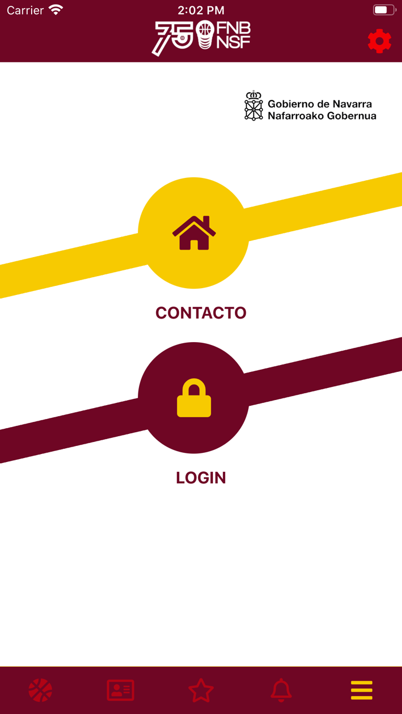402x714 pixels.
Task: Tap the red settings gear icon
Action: [x=380, y=41]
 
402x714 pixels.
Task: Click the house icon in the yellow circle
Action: [x=194, y=233]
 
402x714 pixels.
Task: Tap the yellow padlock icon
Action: [x=194, y=398]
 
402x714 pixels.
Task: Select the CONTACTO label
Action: [x=201, y=313]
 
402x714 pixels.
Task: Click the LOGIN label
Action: [x=201, y=478]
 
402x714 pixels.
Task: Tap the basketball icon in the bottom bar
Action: [x=40, y=690]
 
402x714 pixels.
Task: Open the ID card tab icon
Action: [x=121, y=690]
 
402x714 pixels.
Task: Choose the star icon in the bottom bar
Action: [x=201, y=690]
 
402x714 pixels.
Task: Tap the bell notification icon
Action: [x=281, y=690]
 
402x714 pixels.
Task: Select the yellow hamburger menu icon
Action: [x=362, y=690]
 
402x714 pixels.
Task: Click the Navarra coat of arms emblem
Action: [x=253, y=106]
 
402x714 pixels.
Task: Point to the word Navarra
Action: [x=352, y=104]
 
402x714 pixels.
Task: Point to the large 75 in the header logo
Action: [x=173, y=38]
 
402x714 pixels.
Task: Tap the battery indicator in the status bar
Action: [x=384, y=10]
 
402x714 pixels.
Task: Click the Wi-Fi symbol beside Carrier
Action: [x=56, y=10]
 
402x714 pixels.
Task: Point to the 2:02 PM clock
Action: [x=201, y=10]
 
